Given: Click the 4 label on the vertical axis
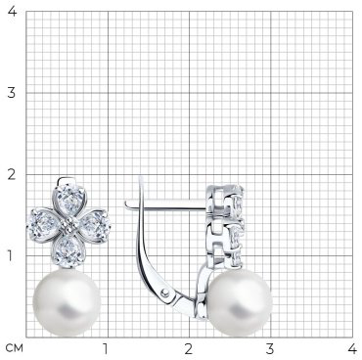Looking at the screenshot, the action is [x=12, y=12].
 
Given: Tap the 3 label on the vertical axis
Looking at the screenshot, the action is [x=12, y=93].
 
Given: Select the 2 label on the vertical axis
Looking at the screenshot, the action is [x=12, y=175].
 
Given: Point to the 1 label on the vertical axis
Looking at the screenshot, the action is [x=12, y=256].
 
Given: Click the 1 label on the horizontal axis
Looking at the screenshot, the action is [x=106, y=349].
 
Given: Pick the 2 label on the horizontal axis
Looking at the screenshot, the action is [x=189, y=349].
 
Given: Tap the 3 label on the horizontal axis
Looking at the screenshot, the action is [x=269, y=349].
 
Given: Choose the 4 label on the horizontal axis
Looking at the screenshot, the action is [x=352, y=349].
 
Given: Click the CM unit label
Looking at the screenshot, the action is [x=15, y=348].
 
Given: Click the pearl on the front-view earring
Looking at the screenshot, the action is [x=67, y=302].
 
